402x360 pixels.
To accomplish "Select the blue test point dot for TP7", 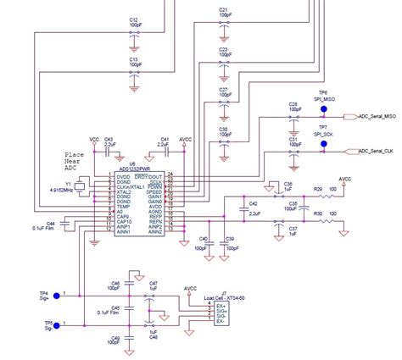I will [323, 144].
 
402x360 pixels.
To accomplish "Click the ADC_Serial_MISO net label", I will [376, 117].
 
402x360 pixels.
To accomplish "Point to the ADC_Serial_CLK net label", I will [376, 152].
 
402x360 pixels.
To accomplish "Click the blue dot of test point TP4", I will [56, 295].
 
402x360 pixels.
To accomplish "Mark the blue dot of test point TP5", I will [56, 324].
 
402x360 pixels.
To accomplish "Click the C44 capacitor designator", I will [50, 222].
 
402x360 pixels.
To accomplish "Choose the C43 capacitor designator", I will [109, 139].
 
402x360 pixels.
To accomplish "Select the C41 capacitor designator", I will [165, 139].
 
